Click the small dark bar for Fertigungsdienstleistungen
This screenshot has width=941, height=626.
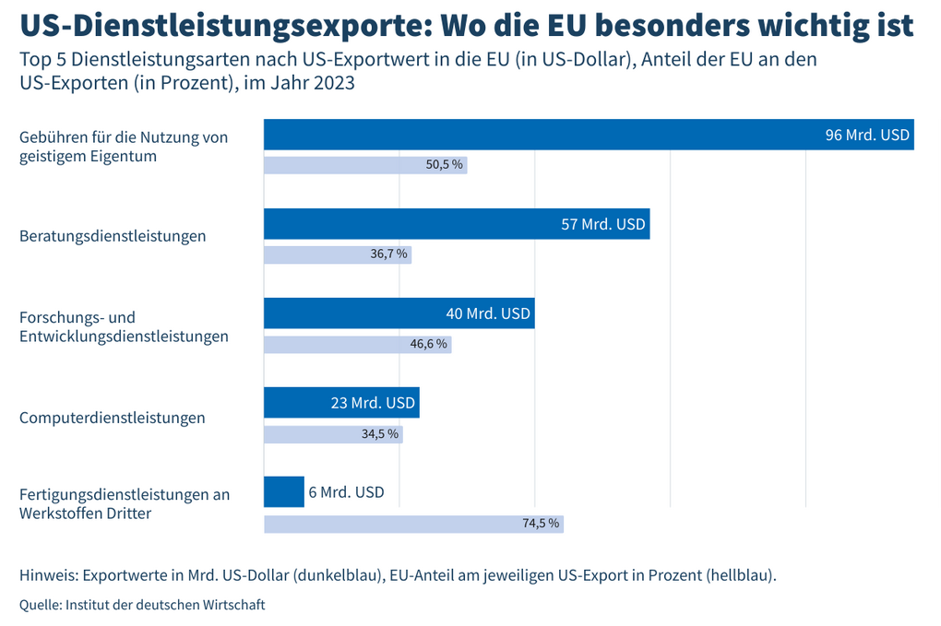point(284,491)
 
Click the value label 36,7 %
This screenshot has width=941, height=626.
point(388,254)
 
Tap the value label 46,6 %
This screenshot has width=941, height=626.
point(428,344)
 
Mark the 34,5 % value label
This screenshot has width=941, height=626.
point(380,433)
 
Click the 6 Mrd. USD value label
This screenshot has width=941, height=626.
point(346,492)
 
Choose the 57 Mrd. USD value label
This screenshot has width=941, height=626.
point(603,224)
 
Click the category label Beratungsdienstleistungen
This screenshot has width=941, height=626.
point(113,236)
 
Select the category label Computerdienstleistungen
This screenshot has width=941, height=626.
point(113,418)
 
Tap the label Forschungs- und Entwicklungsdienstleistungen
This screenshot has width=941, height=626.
point(124,326)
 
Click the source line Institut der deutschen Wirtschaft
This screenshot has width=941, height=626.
point(164,605)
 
